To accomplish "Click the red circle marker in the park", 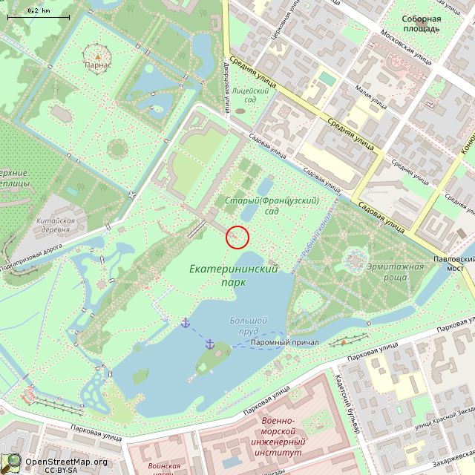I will click(237, 237).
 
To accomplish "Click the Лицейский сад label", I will click(244, 94).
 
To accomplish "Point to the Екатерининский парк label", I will click(233, 275).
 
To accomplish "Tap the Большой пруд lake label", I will click(248, 326).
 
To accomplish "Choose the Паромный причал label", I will click(284, 342).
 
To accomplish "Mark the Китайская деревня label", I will click(56, 226).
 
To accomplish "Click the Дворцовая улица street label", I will click(226, 81).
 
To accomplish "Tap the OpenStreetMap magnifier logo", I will click(12, 462).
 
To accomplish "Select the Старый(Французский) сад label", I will click(272, 206).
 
